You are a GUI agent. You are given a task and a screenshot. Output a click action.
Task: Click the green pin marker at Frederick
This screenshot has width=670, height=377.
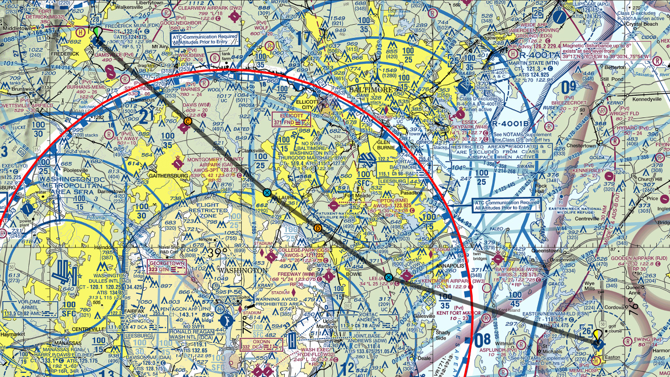point(97,33)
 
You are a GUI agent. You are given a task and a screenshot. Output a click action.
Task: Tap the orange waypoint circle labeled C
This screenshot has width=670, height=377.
point(187,121)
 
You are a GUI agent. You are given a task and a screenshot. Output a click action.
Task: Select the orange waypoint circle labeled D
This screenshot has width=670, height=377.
point(317,228)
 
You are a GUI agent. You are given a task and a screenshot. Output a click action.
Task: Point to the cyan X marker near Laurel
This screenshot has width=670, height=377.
point(267,193)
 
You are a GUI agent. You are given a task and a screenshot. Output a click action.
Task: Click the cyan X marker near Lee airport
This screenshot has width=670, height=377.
point(388,277)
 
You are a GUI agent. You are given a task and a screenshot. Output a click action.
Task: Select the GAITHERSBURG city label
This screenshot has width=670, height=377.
point(156,175)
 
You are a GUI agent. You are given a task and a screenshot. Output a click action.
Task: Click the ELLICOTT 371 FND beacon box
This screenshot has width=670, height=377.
point(292,119)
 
